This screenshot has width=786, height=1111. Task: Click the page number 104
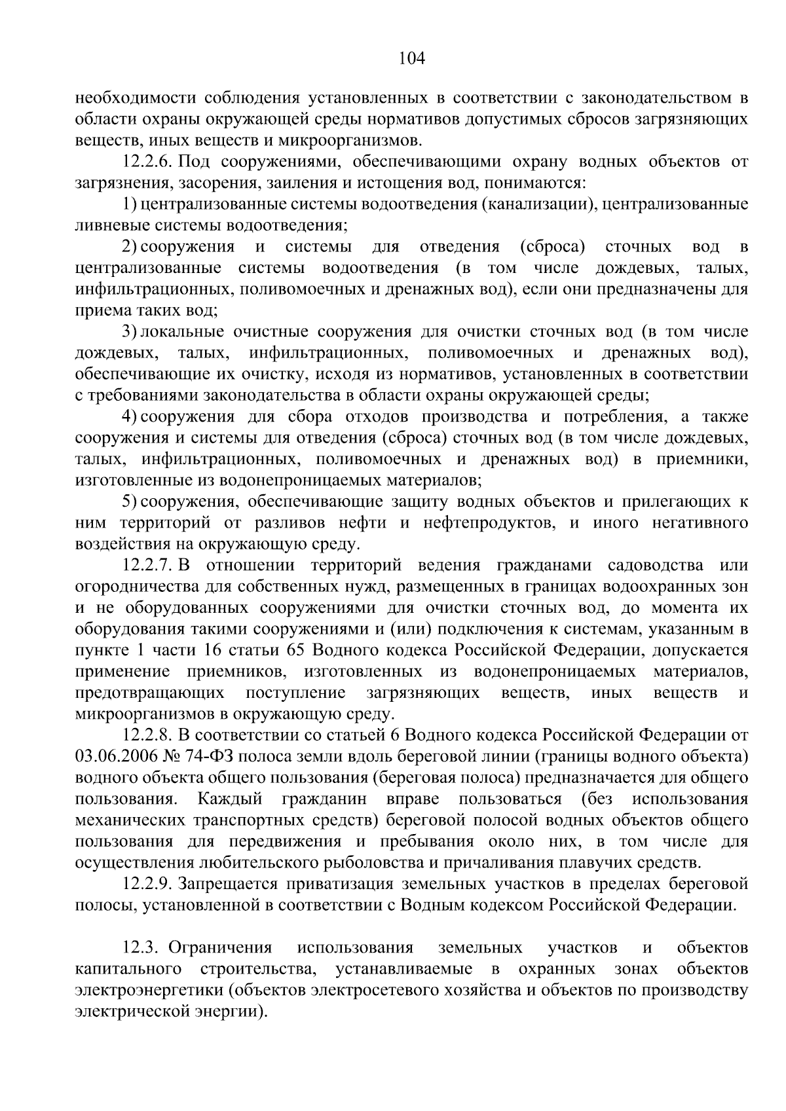pos(412,59)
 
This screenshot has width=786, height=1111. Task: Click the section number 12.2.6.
pos(147,162)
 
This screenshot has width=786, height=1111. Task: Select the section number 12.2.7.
pos(147,565)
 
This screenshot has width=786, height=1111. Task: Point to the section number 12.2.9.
pos(147,884)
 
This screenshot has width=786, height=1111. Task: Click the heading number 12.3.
pos(142,947)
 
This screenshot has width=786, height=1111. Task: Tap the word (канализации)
pos(538,204)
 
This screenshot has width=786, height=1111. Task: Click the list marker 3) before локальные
pos(128,332)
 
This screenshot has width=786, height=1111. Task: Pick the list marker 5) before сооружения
pos(128,501)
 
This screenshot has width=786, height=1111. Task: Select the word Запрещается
pos(221,884)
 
